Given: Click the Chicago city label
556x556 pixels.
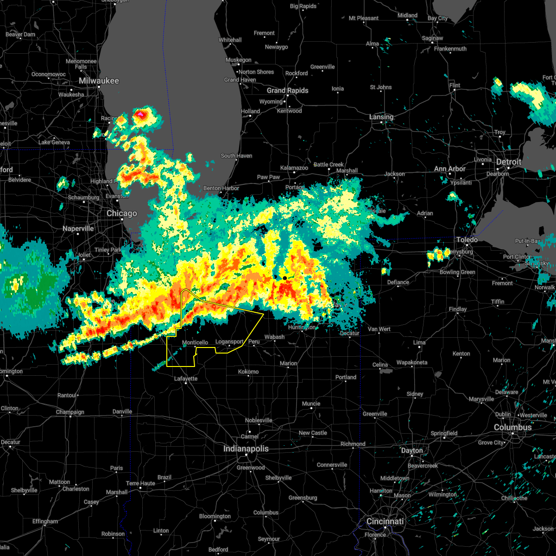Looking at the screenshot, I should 122,214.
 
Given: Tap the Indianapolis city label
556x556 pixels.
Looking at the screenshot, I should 246,449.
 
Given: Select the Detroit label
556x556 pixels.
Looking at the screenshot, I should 509,162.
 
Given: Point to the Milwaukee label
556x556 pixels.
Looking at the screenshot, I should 99,81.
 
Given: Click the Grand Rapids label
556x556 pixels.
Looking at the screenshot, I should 287,91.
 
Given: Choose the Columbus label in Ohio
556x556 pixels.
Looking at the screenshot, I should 512,428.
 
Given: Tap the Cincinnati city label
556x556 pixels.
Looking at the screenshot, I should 385,522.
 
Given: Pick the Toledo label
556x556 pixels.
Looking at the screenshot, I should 467,240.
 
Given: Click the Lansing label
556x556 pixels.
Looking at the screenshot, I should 381,117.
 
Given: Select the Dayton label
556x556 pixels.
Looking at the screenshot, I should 412,451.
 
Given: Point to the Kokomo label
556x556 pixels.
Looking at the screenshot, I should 248,372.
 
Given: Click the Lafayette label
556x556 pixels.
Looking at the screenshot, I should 186,379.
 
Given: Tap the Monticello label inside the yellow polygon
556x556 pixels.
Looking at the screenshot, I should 195,343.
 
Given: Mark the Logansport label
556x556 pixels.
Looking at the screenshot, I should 229,342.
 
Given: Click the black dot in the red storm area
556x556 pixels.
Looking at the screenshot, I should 285,278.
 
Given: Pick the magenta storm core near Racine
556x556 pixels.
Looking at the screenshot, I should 140,113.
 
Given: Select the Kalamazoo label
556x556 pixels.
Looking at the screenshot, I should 294,168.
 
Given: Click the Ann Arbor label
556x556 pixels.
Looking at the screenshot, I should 449,169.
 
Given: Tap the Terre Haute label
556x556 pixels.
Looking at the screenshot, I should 141,483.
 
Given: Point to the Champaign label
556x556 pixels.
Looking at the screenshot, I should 70,412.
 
